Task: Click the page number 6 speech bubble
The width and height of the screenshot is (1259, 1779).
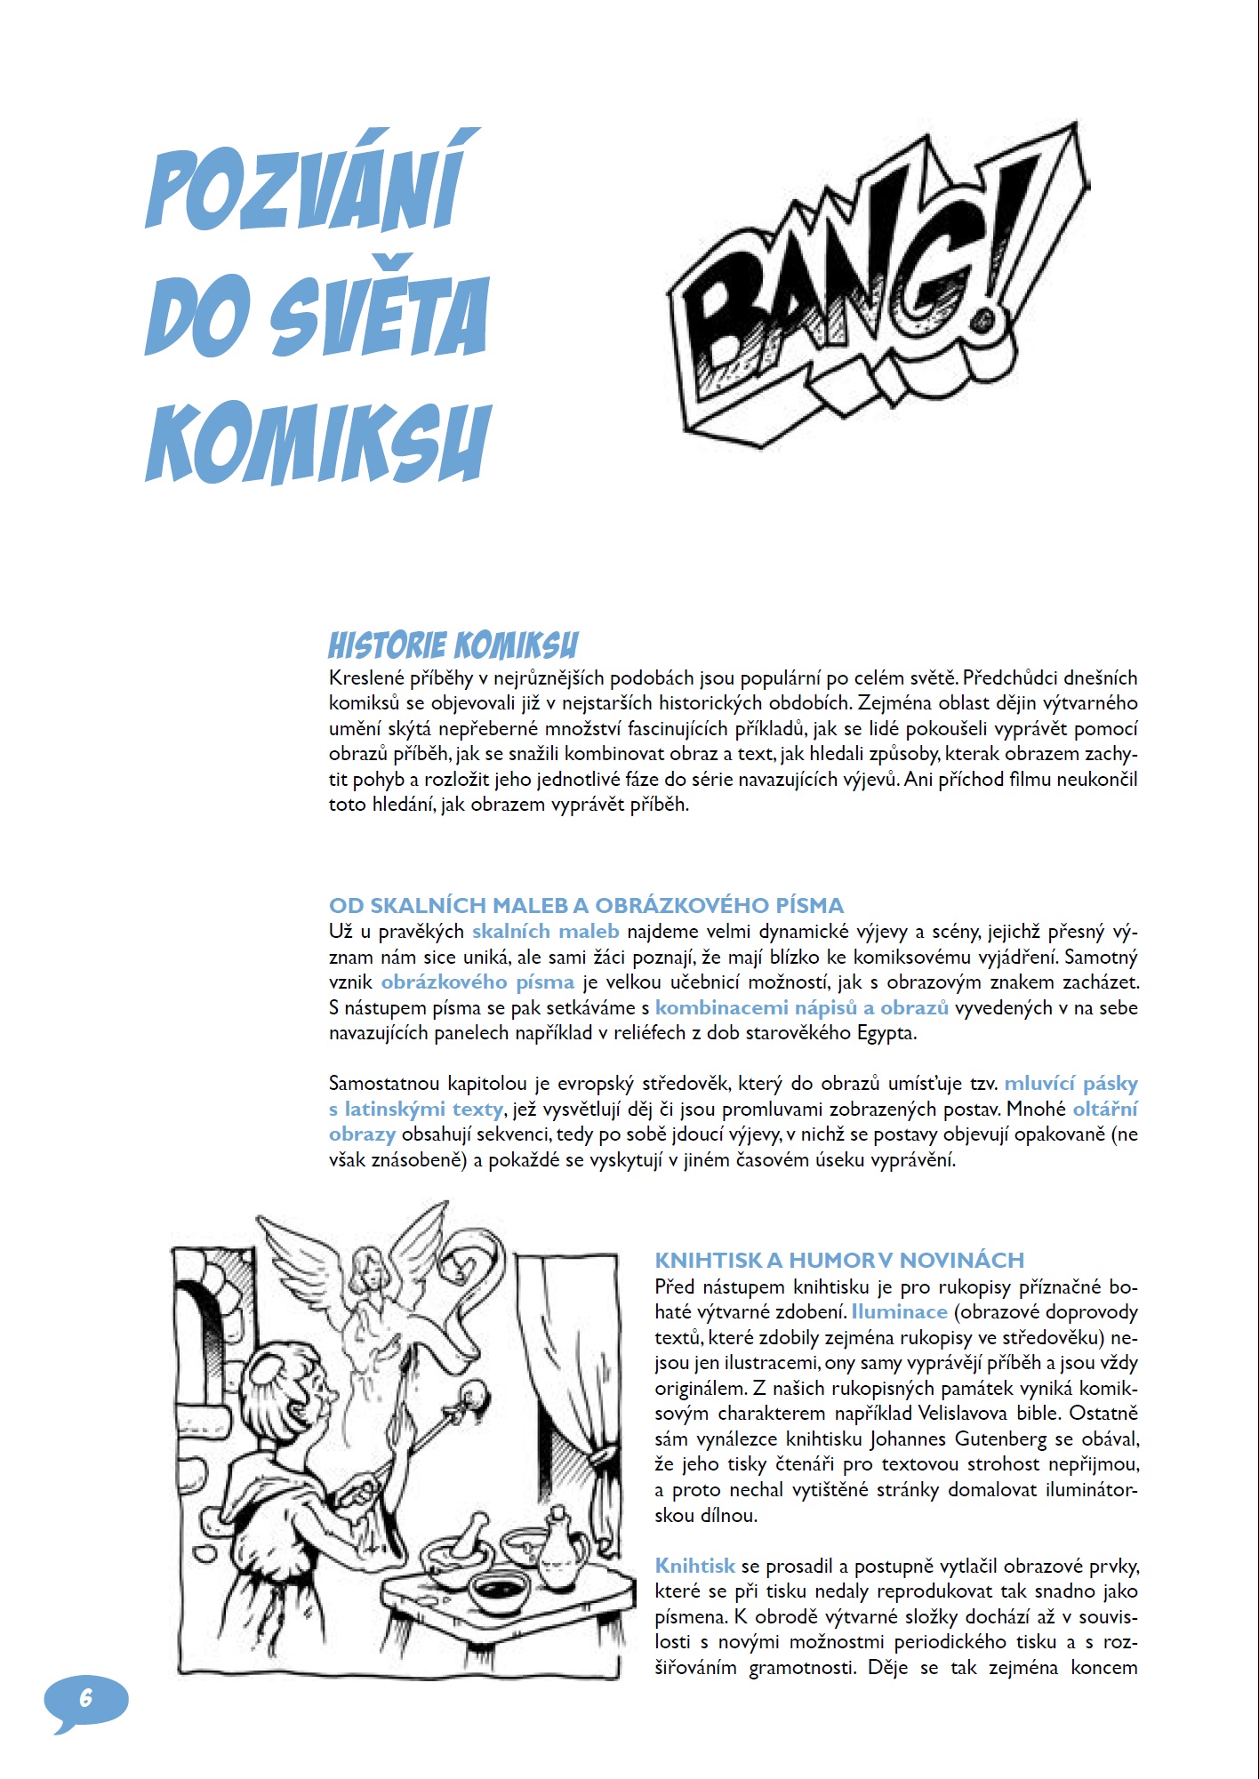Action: tap(86, 1699)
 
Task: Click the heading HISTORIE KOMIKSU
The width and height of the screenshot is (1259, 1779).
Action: tap(453, 645)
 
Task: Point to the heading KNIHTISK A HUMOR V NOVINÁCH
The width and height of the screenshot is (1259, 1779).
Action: tap(839, 1260)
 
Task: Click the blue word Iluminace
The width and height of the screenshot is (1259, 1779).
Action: tap(899, 1311)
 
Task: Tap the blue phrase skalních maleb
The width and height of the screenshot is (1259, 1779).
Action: tap(545, 932)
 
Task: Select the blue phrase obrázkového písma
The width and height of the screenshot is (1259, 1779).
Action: tap(477, 982)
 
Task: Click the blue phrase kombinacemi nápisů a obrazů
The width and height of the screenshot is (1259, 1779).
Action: tap(802, 1007)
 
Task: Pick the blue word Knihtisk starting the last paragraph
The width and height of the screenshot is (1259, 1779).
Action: tap(694, 1566)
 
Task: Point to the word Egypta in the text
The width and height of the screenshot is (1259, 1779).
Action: tap(886, 1033)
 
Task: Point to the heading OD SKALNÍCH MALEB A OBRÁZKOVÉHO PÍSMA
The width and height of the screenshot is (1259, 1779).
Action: tap(586, 905)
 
